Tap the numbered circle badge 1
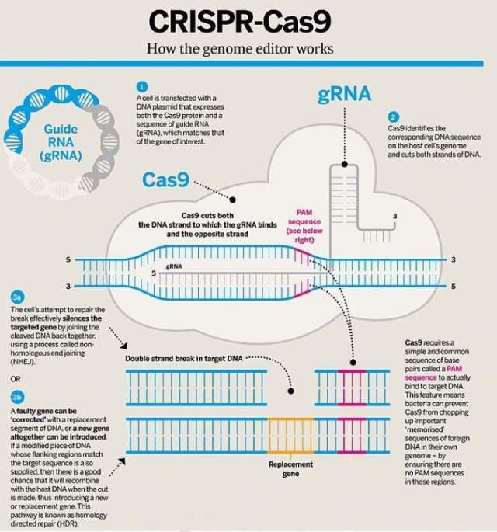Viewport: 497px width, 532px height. click(141, 86)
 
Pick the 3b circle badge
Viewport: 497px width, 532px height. click(16, 398)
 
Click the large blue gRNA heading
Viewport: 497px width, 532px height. click(344, 95)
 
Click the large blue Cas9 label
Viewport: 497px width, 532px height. click(165, 180)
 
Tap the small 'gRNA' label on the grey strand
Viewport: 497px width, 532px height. click(174, 266)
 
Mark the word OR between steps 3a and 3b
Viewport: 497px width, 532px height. click(15, 378)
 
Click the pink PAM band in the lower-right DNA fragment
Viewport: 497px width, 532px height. click(351, 386)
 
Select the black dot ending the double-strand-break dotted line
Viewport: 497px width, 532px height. click(290, 388)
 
